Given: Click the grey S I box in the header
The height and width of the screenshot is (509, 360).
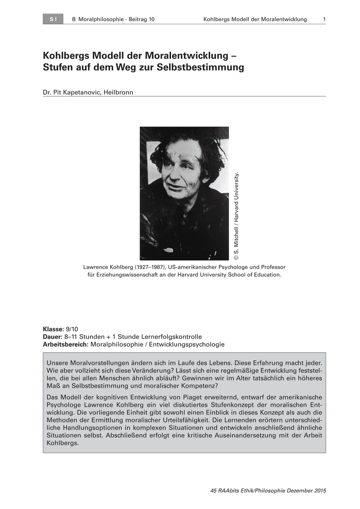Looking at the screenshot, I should [x=53, y=19].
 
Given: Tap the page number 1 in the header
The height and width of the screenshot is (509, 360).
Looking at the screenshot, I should [x=324, y=19].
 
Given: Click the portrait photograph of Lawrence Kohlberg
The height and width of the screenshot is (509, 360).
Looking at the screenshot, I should [x=184, y=193].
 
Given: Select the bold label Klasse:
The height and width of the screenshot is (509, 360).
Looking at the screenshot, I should [x=53, y=329].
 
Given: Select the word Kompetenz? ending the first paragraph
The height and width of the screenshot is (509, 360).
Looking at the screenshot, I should [x=198, y=386].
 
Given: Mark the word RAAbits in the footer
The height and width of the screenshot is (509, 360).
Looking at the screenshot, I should [x=230, y=491].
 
